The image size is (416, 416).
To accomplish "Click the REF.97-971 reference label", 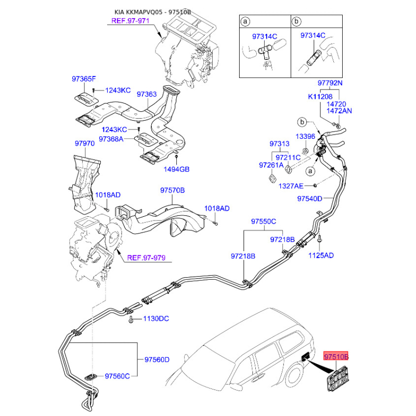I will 131,21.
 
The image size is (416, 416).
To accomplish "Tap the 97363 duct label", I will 147,95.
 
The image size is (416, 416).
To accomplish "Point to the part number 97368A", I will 112,139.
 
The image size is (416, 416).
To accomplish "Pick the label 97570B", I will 172,191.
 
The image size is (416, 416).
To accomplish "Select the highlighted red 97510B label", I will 336,357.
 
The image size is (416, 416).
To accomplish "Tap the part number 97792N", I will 331,83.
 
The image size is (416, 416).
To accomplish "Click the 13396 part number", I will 306,136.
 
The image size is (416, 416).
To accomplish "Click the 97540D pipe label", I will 310,199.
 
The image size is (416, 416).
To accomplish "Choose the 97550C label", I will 264,222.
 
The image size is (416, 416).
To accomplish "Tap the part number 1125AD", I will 321,255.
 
